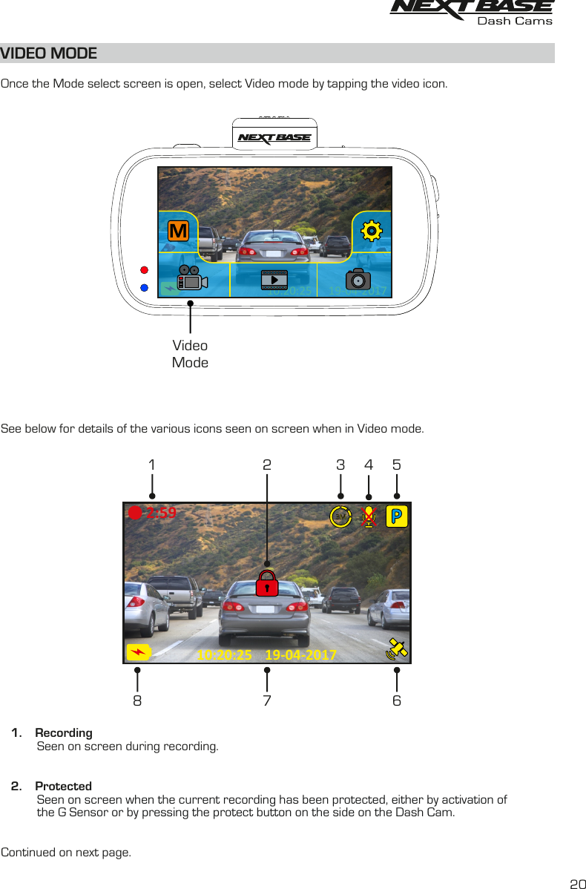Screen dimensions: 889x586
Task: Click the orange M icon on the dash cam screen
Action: click(x=177, y=232)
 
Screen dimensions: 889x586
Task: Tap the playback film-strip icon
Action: click(x=274, y=280)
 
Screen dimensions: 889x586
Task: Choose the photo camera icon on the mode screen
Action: click(x=358, y=280)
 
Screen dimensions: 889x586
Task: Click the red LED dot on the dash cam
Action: click(x=145, y=270)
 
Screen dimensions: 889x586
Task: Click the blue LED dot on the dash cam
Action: click(x=145, y=287)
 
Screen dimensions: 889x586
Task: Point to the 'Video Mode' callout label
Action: click(x=190, y=354)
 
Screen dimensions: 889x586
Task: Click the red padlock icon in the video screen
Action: click(x=266, y=583)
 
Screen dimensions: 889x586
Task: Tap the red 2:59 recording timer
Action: click(x=161, y=512)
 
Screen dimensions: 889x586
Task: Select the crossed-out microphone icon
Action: click(x=369, y=516)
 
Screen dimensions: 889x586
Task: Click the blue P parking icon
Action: click(x=397, y=516)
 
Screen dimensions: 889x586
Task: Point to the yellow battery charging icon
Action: click(x=138, y=652)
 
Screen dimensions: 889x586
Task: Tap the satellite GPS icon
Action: click(x=397, y=649)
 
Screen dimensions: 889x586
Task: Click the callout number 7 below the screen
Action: click(x=267, y=701)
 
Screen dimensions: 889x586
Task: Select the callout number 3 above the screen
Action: click(x=340, y=465)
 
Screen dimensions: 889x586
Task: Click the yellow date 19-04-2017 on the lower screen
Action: click(x=300, y=655)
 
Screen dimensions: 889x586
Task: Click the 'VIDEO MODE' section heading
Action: click(x=49, y=53)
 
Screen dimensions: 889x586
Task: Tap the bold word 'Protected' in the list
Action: click(x=64, y=786)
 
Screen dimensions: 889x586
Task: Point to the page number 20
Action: click(x=577, y=883)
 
